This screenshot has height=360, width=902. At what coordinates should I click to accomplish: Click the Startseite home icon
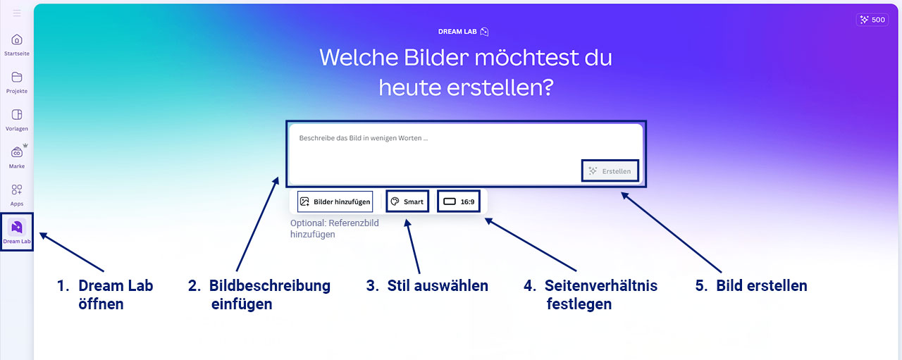point(16,39)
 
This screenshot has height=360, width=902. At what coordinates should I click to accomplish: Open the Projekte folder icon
point(16,77)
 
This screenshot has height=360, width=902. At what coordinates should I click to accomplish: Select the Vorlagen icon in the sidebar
point(16,114)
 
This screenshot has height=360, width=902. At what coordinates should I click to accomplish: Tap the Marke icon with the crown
point(17,151)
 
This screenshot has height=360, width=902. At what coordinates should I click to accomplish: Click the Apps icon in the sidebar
point(16,190)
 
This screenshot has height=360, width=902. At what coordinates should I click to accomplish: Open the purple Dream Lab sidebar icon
point(16,227)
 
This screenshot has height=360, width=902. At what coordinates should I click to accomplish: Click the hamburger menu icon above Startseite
point(16,13)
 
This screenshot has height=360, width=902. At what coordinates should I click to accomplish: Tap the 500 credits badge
point(872,20)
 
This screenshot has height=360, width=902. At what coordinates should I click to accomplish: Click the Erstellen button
point(610,170)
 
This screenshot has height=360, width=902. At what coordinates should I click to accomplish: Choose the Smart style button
point(407,201)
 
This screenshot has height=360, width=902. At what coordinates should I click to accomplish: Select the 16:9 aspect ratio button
point(459,201)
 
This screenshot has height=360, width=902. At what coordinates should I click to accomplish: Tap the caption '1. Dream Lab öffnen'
point(105,294)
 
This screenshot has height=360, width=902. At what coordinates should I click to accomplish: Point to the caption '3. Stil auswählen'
point(427,285)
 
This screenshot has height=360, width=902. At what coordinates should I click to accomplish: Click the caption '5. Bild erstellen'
point(751,285)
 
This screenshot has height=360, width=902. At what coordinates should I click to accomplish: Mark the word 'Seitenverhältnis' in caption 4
point(601,285)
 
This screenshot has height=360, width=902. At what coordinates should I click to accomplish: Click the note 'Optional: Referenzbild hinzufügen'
point(335,229)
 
